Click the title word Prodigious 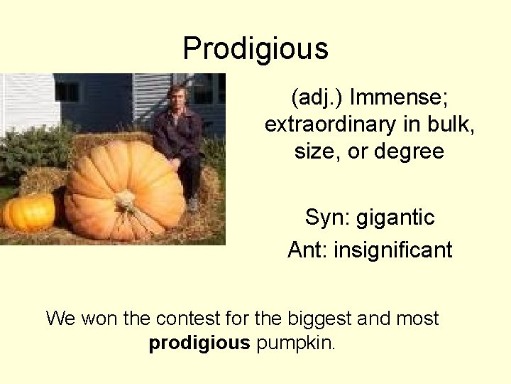tap(255, 49)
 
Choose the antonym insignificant tap(395, 250)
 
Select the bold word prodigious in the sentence tap(199, 343)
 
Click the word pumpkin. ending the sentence tap(296, 344)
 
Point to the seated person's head tap(175, 97)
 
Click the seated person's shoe tap(193, 205)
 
